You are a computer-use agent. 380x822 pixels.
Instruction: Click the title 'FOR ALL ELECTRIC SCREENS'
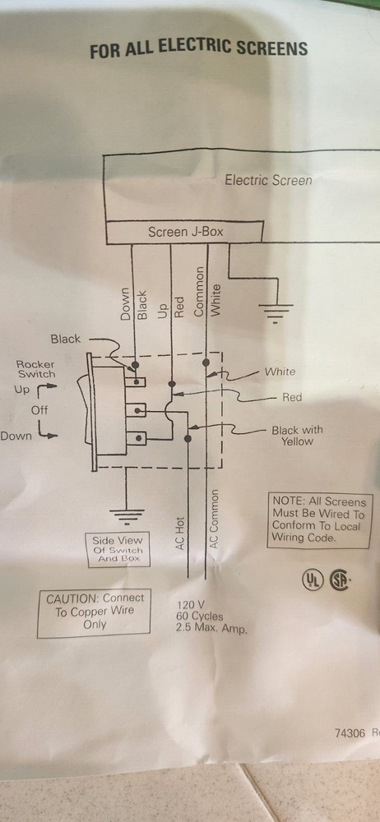click(x=198, y=49)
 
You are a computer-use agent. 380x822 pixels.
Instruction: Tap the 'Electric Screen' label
click(x=268, y=180)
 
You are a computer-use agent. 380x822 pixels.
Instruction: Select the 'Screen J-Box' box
click(x=185, y=232)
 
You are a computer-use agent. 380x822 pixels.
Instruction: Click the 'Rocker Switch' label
click(x=37, y=368)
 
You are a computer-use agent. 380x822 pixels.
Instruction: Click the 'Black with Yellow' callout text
click(x=297, y=435)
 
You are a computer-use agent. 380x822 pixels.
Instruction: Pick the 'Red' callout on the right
click(x=292, y=397)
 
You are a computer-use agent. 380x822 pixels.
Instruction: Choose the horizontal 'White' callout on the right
click(x=280, y=372)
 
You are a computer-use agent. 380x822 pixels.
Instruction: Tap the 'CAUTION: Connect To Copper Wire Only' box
click(x=95, y=611)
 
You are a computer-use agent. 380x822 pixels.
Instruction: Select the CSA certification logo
click(x=340, y=580)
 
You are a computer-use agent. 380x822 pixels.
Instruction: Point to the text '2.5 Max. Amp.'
click(x=211, y=629)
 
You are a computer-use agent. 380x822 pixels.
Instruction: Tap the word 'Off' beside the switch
click(x=40, y=409)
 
